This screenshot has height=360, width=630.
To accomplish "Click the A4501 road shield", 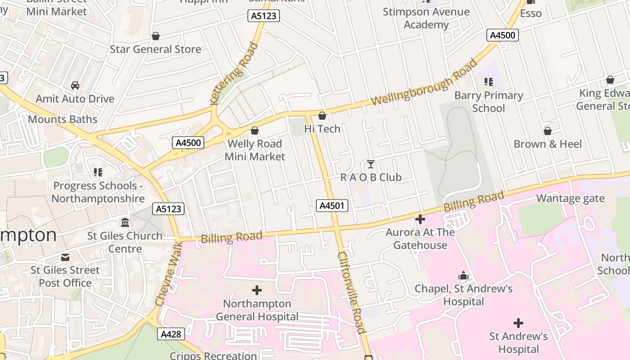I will tap(333, 206).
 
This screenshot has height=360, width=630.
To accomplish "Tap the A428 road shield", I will tap(171, 334).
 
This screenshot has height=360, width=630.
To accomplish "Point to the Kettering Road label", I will tap(235, 73).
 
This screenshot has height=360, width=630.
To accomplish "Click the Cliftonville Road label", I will tap(351, 292).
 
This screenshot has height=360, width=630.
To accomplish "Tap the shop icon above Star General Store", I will tap(156, 36).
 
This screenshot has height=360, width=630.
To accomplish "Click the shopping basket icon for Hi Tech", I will tap(322, 116).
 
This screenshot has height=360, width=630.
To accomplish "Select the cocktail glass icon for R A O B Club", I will tap(370, 164).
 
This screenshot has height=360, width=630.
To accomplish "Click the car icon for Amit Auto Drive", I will tap(75, 85).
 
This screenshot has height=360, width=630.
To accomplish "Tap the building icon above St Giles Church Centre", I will tap(125, 223).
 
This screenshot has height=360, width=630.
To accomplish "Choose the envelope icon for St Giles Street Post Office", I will tap(65, 257).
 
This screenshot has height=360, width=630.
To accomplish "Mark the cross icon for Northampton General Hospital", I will tap(257, 290).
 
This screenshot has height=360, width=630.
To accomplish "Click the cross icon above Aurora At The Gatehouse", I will tap(420, 220).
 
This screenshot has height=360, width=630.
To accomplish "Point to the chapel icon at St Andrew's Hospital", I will tap(463, 275).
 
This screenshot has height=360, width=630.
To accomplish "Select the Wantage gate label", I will tap(570, 198).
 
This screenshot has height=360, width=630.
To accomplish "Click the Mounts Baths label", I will tap(63, 119).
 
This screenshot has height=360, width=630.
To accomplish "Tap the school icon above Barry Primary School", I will tap(489, 82).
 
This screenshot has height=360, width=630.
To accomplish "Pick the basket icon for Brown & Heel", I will tap(548, 131).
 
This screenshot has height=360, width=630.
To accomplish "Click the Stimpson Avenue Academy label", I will tap(426, 18).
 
